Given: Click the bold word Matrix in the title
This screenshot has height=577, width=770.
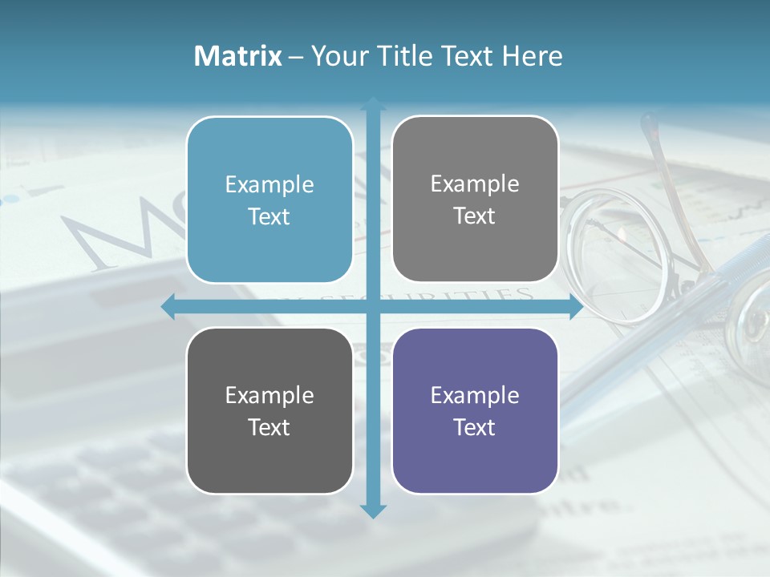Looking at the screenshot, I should (238, 56).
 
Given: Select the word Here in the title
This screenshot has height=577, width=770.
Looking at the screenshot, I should (533, 56).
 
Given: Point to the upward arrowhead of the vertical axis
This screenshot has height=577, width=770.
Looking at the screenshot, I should (373, 105).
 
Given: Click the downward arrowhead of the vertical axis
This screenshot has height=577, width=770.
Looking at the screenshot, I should (373, 510).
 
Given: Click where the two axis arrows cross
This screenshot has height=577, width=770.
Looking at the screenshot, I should (373, 307).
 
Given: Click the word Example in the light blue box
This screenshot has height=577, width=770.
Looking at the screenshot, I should (269, 184).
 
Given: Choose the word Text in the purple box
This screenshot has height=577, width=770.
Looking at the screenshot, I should (475, 427).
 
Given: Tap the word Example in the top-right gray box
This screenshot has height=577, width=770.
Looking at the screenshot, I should (475, 184).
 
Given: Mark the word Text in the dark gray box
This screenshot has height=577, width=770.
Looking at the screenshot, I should (269, 427).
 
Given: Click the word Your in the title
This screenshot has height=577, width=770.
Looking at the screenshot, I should (339, 56).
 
